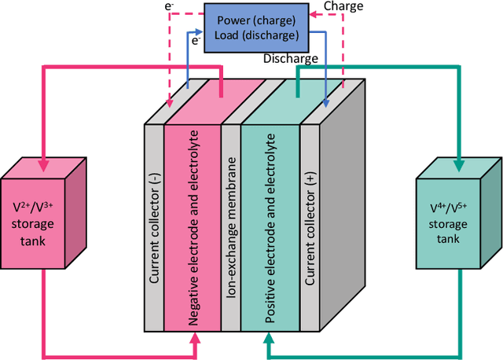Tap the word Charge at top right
click(343, 7)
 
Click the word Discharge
click(292, 58)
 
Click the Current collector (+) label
click(310, 228)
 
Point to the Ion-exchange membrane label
click(231, 228)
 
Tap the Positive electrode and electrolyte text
click(271, 228)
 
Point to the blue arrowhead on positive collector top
click(326, 102)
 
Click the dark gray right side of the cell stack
click(346, 197)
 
